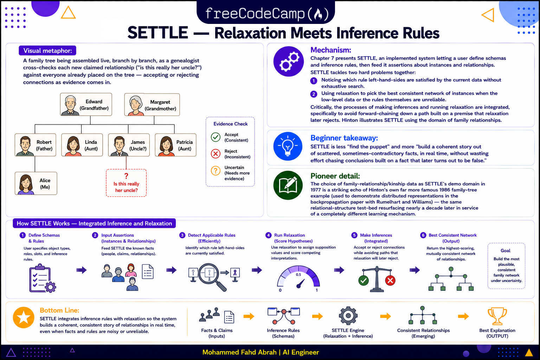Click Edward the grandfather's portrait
70,105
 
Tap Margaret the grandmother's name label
160,105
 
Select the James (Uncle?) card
129,145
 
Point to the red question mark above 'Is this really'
126,176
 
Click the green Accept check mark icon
216,137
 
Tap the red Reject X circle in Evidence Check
216,154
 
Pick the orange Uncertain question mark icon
216,171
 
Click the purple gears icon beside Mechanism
289,62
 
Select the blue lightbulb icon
288,146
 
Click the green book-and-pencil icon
288,185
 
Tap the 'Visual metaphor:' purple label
47,51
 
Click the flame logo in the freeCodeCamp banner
318,14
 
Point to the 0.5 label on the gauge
298,275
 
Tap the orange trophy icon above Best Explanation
497,316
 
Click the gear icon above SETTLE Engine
348,316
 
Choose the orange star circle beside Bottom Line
24,317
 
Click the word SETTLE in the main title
157,33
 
